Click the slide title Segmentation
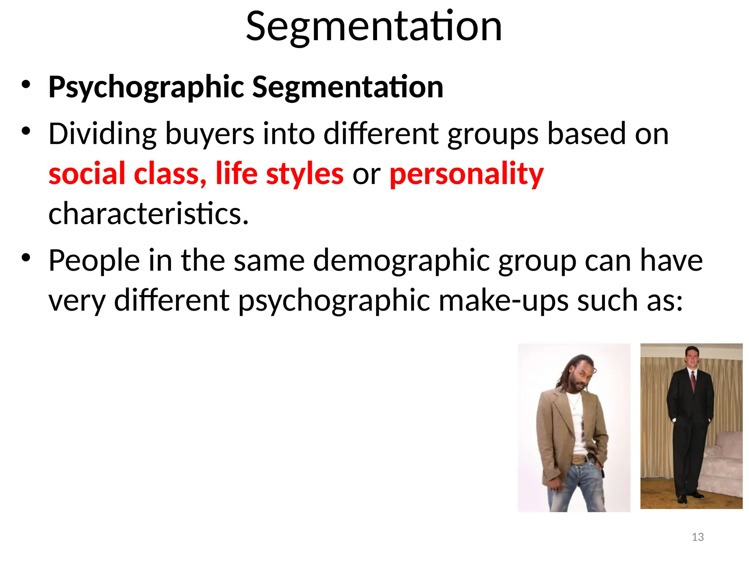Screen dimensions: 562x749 pos(374,27)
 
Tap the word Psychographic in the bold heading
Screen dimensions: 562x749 pos(146,87)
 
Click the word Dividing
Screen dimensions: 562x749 pos(103,134)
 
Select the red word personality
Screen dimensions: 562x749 pos(466,174)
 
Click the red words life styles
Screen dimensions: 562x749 pos(279,174)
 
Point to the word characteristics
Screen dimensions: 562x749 pos(148,214)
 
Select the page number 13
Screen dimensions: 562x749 pos(698,537)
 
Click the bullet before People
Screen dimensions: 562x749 pos(26,258)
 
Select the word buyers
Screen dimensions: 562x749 pos(210,134)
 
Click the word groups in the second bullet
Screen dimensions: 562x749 pos(493,134)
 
